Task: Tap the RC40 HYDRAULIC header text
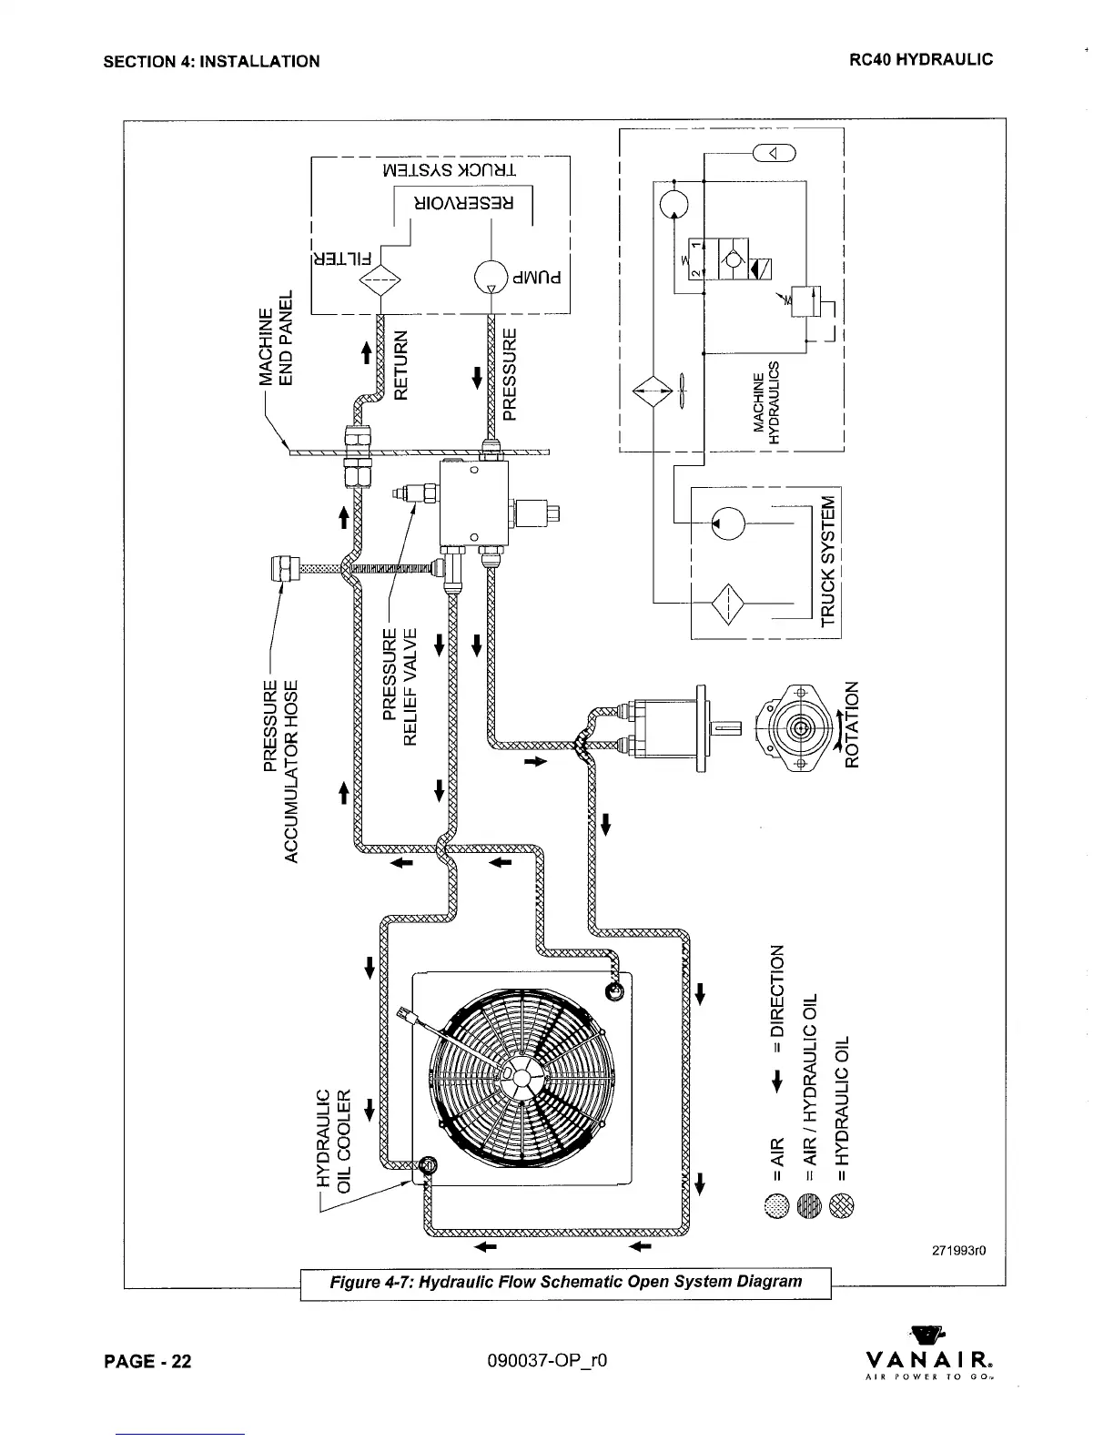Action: coord(920,60)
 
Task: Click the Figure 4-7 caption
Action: coord(565,1282)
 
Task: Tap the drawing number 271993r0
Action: coord(949,1251)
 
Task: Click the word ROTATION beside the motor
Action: coord(852,724)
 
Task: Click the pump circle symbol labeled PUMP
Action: coord(491,276)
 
